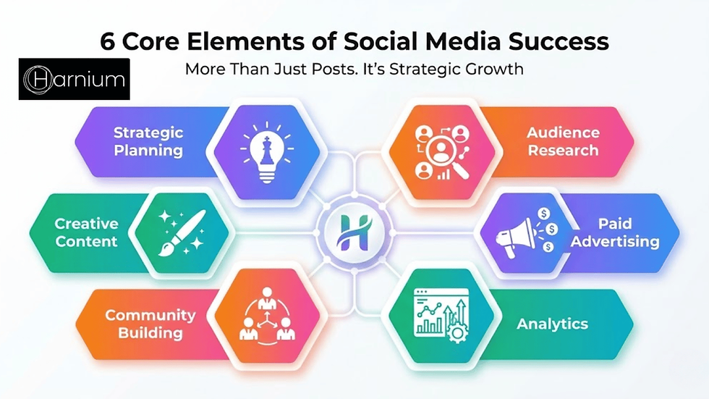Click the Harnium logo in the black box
pyautogui.click(x=74, y=78)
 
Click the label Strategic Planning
pyautogui.click(x=148, y=142)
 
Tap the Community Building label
pyautogui.click(x=150, y=324)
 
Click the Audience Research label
pyautogui.click(x=562, y=142)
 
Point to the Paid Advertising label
pyautogui.click(x=614, y=232)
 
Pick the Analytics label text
pyautogui.click(x=552, y=324)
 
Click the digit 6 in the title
pyautogui.click(x=108, y=42)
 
